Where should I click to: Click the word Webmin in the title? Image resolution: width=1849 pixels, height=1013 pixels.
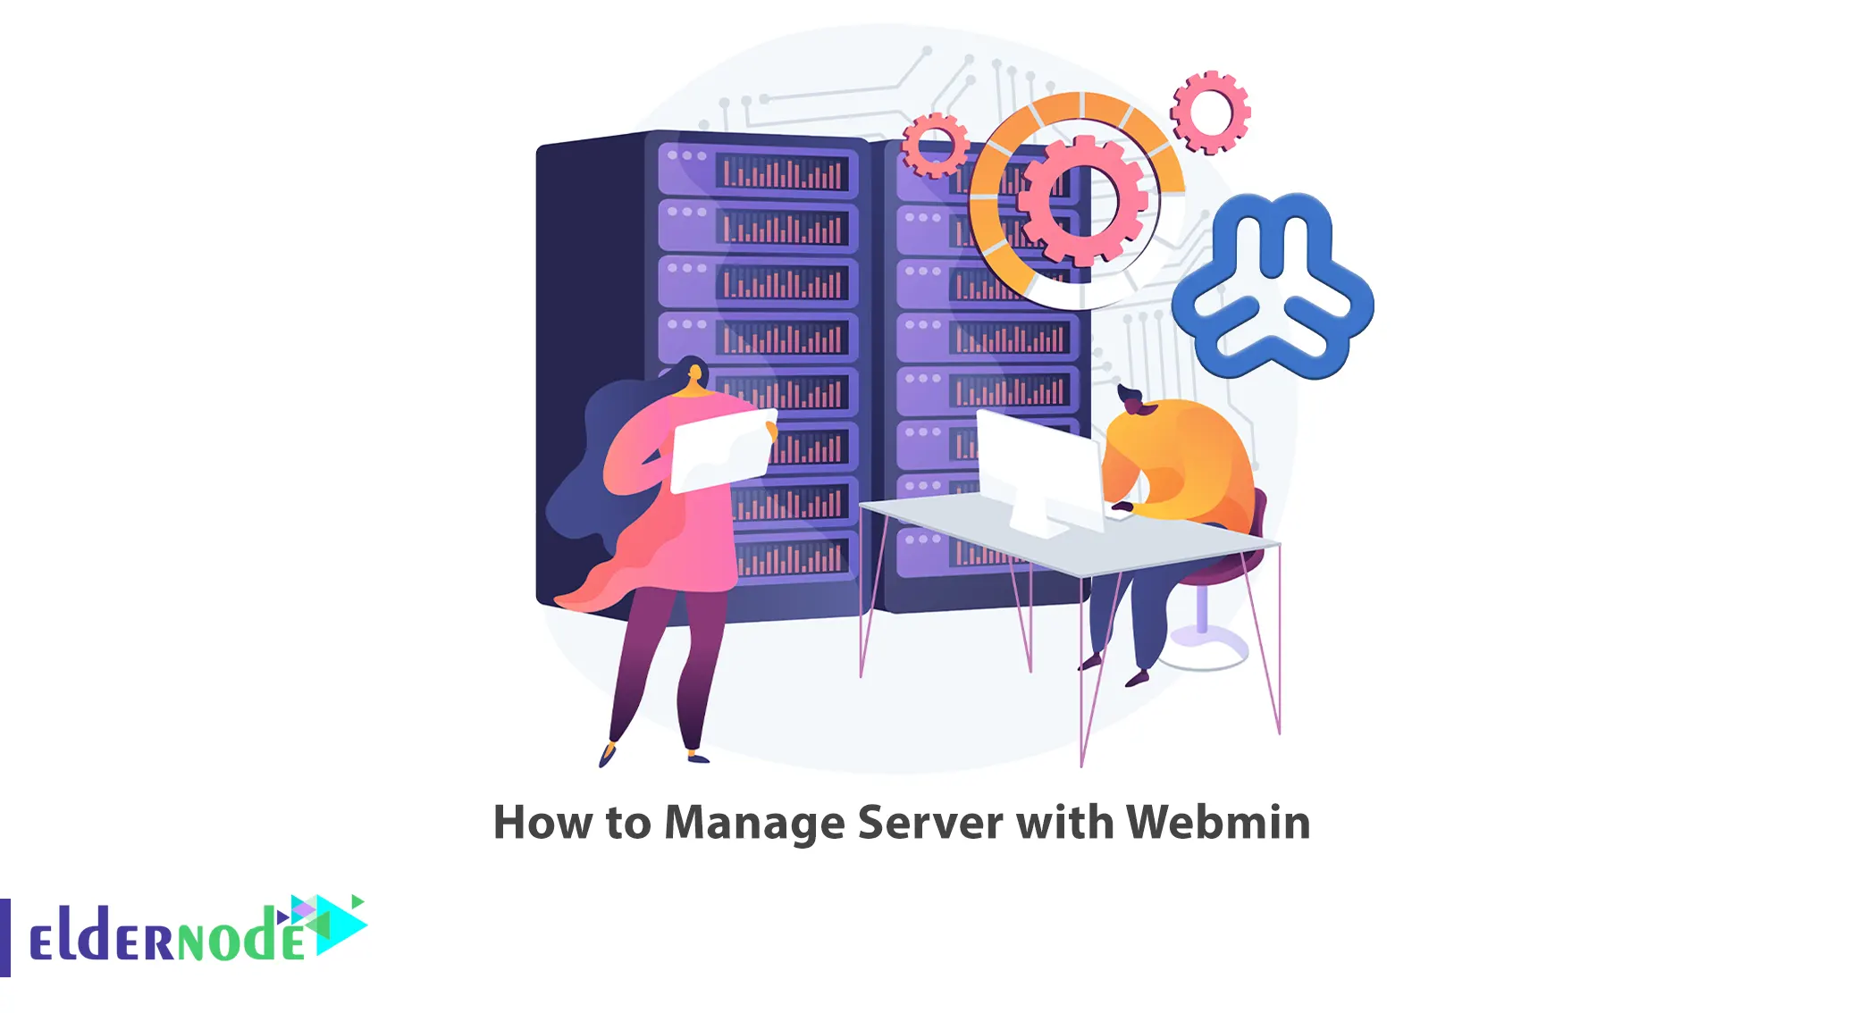[x=1218, y=822]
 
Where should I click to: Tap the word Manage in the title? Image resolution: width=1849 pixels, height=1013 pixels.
[x=754, y=824]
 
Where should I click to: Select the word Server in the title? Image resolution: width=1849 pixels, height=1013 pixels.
[x=930, y=822]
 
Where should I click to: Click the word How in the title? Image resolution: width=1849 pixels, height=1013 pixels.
[x=542, y=822]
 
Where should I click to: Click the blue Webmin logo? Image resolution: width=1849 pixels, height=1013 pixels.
[x=1273, y=285]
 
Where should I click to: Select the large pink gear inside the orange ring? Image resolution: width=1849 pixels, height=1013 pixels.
[x=1082, y=200]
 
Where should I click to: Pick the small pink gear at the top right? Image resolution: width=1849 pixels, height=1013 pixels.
[x=1210, y=113]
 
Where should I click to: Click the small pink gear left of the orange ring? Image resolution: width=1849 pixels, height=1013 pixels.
[x=935, y=145]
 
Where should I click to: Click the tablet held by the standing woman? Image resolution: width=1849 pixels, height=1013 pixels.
[x=722, y=450]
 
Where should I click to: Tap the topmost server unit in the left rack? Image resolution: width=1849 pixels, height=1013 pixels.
[x=758, y=171]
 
